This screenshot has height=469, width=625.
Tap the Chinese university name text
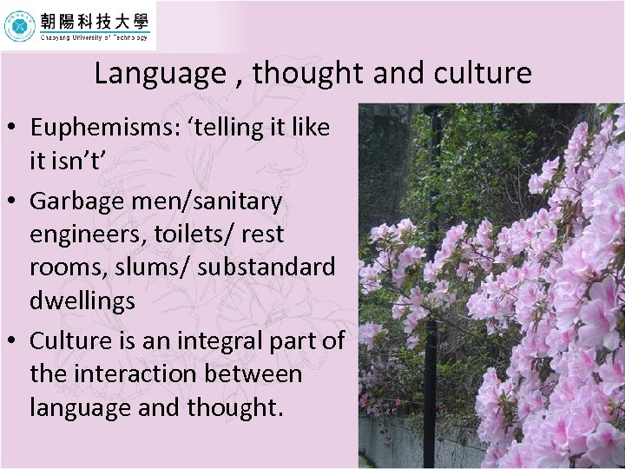[x=93, y=20]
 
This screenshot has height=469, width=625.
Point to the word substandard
[x=266, y=268]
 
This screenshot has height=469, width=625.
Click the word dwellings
[x=82, y=301]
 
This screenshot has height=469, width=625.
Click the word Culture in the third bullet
[x=71, y=340]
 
